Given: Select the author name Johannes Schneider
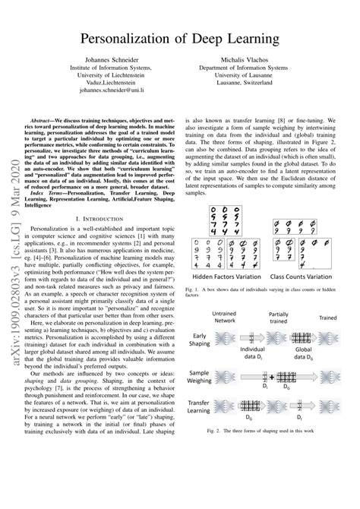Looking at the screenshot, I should coord(113,58).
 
